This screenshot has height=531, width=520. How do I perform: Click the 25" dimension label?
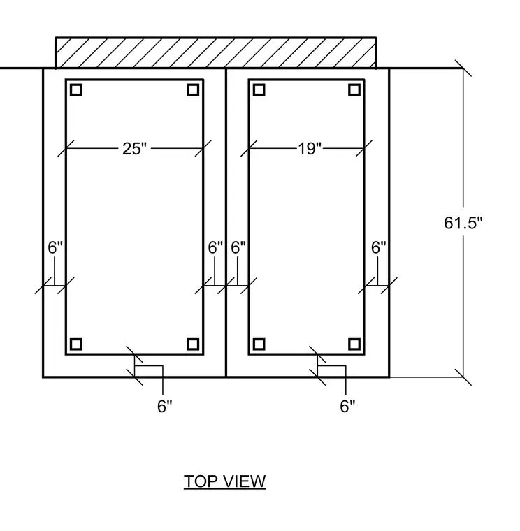(x=134, y=149)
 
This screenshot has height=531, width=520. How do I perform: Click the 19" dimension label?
(x=310, y=149)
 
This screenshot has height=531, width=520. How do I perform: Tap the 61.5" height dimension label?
(x=463, y=223)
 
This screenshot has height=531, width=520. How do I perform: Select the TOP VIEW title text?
(x=224, y=481)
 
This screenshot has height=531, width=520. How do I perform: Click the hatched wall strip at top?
(x=216, y=53)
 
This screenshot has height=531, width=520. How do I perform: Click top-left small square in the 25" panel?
(x=76, y=89)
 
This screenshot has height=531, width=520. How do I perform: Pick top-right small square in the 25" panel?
(x=193, y=89)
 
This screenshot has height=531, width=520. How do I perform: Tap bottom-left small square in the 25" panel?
(x=76, y=344)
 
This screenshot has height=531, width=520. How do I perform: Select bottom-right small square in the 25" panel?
(x=193, y=344)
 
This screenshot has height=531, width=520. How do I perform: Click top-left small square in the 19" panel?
(x=259, y=89)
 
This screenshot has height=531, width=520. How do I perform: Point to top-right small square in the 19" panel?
(x=354, y=89)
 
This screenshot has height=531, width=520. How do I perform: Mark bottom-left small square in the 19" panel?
(x=259, y=344)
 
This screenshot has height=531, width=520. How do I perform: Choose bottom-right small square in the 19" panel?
(x=354, y=344)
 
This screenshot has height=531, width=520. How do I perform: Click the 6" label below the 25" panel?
(x=165, y=406)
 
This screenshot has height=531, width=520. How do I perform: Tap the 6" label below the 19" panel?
(x=347, y=406)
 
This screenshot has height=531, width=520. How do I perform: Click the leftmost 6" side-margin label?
(x=55, y=247)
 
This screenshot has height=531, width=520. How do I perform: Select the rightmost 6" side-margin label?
(x=378, y=247)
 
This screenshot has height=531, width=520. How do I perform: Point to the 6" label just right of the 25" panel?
(x=215, y=247)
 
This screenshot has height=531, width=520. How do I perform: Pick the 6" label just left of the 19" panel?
(x=238, y=247)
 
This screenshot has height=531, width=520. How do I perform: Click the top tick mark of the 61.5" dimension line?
(x=463, y=68)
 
